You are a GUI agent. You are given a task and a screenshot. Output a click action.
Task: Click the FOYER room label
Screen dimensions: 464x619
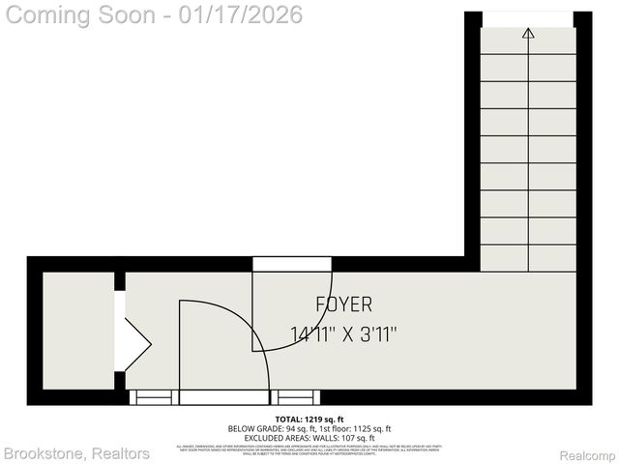click(343, 304)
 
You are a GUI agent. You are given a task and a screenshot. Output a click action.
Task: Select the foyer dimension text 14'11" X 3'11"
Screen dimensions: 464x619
click(343, 333)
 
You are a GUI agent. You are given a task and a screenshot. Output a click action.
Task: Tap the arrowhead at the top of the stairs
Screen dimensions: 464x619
click(528, 34)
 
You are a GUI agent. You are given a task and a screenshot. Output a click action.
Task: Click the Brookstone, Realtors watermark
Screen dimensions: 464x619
click(76, 453)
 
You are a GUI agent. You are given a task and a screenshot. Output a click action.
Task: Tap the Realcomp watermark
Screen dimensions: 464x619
click(588, 454)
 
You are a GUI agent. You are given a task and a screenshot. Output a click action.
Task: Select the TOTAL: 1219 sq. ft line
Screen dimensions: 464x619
click(309, 419)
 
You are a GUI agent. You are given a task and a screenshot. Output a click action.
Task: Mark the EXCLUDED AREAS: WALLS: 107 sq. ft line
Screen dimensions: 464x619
click(309, 437)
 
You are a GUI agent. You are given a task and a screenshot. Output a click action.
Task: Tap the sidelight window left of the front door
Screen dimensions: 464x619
click(154, 396)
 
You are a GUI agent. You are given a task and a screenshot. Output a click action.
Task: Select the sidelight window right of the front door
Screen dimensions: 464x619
click(295, 396)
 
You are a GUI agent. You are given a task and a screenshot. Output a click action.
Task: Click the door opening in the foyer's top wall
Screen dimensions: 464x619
click(292, 264)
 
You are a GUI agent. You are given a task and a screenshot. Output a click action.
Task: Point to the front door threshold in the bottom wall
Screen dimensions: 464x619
click(224, 396)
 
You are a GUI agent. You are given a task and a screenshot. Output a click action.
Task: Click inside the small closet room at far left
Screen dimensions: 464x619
click(78, 329)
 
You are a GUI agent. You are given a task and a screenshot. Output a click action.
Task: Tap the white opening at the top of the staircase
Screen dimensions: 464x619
click(528, 18)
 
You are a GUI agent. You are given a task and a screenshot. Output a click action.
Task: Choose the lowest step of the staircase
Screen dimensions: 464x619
click(528, 258)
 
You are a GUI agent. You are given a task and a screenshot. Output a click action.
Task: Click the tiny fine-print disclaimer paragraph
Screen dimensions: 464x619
click(309, 448)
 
